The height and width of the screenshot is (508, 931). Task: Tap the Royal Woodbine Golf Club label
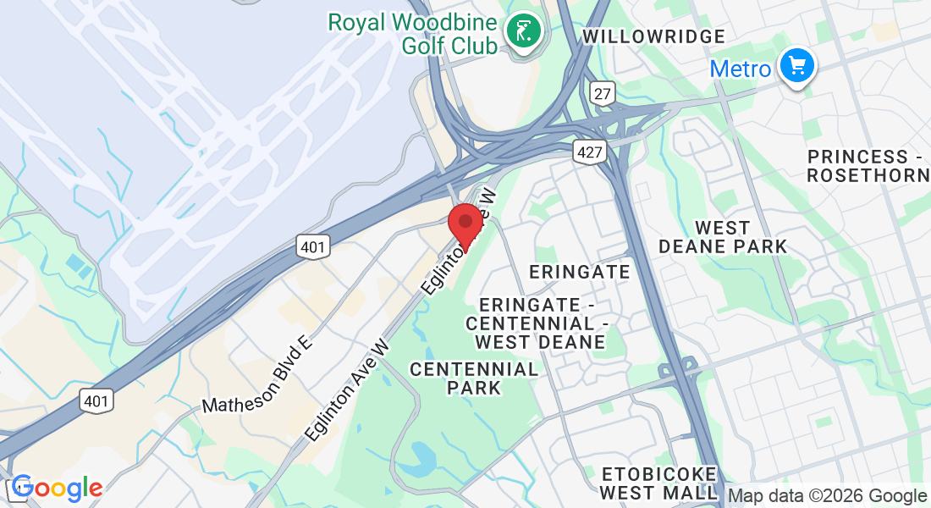click(412, 34)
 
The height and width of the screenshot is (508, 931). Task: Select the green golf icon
click(525, 32)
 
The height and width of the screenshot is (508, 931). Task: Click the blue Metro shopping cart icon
click(796, 66)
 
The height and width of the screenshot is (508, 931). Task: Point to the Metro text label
click(741, 69)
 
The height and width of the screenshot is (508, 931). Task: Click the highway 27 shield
click(603, 94)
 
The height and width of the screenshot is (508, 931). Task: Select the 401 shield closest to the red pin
click(312, 246)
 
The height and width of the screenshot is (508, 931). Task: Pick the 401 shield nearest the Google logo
click(97, 400)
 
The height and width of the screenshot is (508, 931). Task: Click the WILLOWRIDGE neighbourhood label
click(654, 36)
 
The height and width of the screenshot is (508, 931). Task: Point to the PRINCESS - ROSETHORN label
click(868, 166)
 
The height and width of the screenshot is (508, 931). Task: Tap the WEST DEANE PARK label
click(723, 237)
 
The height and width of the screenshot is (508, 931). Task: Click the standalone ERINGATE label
click(580, 272)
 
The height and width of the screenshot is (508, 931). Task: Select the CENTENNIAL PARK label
click(474, 378)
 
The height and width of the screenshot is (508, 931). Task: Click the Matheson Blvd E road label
click(257, 373)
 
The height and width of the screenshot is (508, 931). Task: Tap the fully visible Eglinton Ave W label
click(348, 389)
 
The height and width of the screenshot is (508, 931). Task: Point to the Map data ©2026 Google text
click(827, 496)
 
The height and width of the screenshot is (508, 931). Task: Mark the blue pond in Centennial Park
click(418, 457)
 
